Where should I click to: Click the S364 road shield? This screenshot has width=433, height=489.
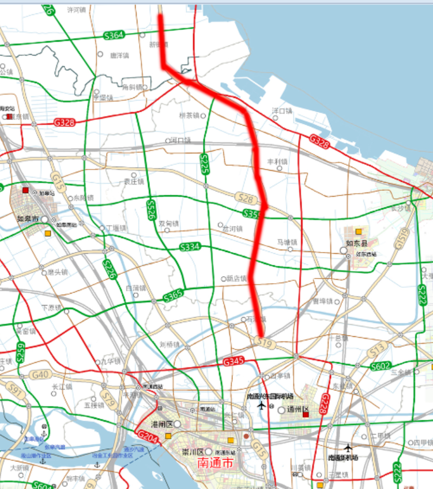114,36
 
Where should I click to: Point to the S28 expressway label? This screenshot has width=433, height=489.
246,199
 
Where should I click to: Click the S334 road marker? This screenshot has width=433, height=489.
190,247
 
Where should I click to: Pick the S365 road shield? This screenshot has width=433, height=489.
173,297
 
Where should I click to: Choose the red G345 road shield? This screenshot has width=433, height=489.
233,362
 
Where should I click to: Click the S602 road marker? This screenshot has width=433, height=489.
380,366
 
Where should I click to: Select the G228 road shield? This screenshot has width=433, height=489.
325,404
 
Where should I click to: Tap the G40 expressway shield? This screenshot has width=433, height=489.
40,375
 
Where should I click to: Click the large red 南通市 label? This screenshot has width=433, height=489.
215,463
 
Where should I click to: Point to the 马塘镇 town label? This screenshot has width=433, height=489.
287,242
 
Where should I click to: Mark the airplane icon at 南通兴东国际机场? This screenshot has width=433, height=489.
261,406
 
